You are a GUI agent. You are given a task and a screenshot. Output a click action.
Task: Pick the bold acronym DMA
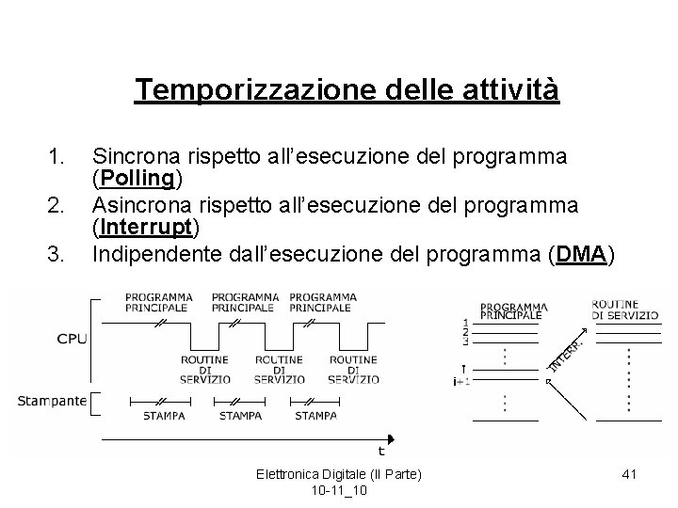click(x=582, y=254)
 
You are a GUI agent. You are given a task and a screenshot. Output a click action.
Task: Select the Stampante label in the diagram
click(x=52, y=402)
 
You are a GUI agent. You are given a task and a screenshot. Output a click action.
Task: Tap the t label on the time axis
click(x=381, y=451)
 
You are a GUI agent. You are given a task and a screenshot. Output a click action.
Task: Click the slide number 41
click(x=629, y=474)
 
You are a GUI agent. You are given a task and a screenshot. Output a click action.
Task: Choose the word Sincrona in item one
click(x=138, y=155)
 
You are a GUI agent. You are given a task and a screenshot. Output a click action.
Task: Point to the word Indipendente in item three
click(x=160, y=254)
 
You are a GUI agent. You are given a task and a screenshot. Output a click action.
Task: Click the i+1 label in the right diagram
click(x=461, y=380)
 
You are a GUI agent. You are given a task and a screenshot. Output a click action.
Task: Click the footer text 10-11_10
click(x=339, y=490)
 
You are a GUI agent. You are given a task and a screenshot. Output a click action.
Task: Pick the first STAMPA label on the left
click(x=164, y=415)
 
